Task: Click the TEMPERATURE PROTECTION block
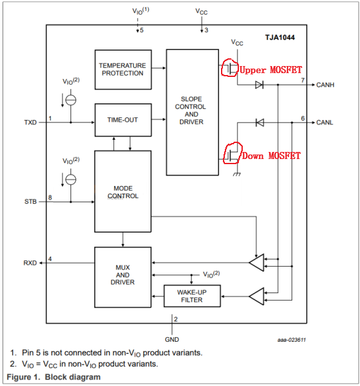pyautogui.click(x=122, y=69)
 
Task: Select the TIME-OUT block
pyautogui.click(x=122, y=120)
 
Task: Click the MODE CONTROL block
pyautogui.click(x=122, y=192)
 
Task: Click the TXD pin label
pyautogui.click(x=31, y=121)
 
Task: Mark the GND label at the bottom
pyautogui.click(x=172, y=339)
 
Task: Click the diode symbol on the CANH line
pyautogui.click(x=259, y=85)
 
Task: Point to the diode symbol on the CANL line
pyautogui.click(x=259, y=122)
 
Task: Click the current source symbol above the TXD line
pyautogui.click(x=71, y=99)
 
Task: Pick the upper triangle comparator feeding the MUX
pyautogui.click(x=257, y=262)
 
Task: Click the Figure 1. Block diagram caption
pyautogui.click(x=54, y=376)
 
